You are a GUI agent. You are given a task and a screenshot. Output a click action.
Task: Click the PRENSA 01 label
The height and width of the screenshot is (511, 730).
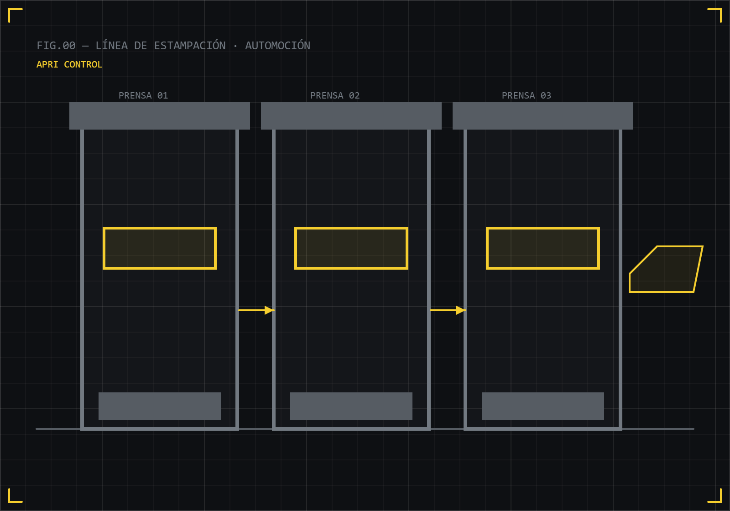pyautogui.click(x=143, y=95)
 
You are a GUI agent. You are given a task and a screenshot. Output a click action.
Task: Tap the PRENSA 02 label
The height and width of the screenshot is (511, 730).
pyautogui.click(x=335, y=95)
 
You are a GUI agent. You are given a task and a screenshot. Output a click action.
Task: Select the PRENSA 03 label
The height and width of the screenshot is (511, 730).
pyautogui.click(x=527, y=95)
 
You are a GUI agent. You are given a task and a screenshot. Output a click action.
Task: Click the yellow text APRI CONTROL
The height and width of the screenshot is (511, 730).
pyautogui.click(x=69, y=64)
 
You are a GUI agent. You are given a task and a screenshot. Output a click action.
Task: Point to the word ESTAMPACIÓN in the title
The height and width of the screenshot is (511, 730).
pyautogui.click(x=190, y=45)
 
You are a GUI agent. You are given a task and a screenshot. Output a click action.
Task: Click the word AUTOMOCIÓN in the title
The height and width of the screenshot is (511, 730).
pyautogui.click(x=278, y=45)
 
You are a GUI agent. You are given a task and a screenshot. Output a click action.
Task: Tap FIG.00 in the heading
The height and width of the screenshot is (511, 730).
pyautogui.click(x=56, y=46)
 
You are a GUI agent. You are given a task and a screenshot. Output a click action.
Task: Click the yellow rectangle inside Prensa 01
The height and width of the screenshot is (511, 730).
pyautogui.click(x=160, y=228)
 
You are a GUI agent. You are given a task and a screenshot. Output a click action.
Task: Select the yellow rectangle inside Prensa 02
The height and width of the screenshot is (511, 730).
pyautogui.click(x=351, y=228)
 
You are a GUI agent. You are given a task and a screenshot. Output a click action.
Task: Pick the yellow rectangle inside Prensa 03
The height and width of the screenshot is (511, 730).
pyautogui.click(x=543, y=228)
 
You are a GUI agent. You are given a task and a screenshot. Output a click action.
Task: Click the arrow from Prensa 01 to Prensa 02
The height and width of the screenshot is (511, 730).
pyautogui.click(x=256, y=310)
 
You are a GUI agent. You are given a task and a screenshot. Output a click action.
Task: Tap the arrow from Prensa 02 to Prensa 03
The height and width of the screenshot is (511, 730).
pyautogui.click(x=448, y=310)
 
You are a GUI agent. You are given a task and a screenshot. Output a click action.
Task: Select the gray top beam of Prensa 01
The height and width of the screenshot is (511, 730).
pyautogui.click(x=160, y=116)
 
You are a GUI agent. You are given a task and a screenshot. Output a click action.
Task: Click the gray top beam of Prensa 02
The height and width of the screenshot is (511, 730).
pyautogui.click(x=351, y=116)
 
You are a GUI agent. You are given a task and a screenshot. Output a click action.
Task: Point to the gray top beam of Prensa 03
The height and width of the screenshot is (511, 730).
pyautogui.click(x=543, y=116)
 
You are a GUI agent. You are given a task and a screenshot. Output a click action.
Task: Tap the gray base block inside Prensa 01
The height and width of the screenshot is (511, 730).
pyautogui.click(x=160, y=406)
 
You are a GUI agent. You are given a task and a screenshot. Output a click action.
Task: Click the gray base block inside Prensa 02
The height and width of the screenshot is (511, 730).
pyautogui.click(x=351, y=406)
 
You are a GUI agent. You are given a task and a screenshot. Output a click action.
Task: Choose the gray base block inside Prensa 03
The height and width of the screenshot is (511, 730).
pyautogui.click(x=543, y=406)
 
